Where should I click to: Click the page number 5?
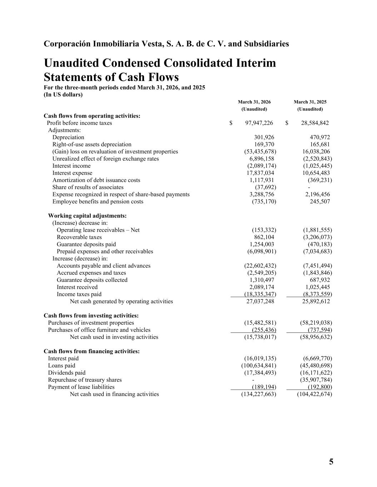click(331, 462)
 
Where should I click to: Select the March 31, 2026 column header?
click(254, 102)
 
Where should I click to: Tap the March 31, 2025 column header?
click(310, 102)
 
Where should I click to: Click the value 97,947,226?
click(259, 123)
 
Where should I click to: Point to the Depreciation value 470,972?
click(319, 137)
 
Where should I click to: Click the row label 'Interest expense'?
click(72, 173)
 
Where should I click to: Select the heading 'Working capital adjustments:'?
click(87, 216)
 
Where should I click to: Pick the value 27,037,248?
click(260, 301)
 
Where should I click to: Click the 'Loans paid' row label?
click(61, 366)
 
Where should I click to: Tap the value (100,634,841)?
click(259, 366)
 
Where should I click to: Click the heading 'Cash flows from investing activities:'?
click(91, 316)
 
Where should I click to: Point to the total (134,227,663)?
click(259, 394)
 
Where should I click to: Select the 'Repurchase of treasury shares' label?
click(85, 380)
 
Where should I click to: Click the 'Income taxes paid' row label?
click(79, 294)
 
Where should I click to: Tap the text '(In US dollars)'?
click(63, 95)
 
